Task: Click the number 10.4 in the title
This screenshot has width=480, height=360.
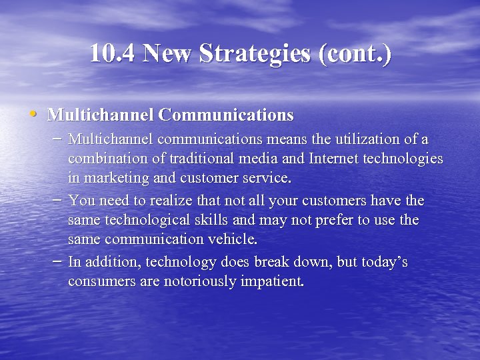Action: (112, 53)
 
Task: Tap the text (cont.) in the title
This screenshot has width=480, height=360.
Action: (356, 53)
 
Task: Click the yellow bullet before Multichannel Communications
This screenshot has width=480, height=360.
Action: (33, 113)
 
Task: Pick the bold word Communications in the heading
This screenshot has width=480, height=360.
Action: (226, 115)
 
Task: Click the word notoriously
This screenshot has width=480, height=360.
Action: (198, 281)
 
